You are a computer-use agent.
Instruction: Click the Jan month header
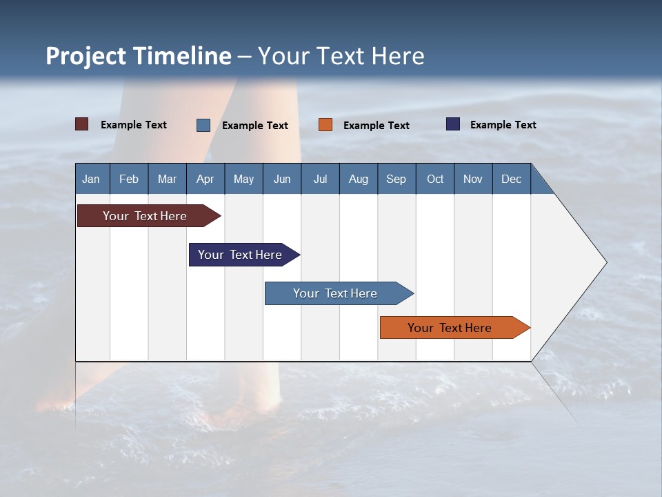click(92, 179)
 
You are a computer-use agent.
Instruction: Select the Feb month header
click(129, 179)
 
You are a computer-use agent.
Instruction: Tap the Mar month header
click(167, 179)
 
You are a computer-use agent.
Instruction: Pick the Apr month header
click(205, 179)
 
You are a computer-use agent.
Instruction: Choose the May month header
click(243, 179)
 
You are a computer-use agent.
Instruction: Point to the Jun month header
click(282, 179)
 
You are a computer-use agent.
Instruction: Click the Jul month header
click(320, 179)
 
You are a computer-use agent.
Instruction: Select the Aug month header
click(359, 179)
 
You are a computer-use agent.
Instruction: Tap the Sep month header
click(397, 179)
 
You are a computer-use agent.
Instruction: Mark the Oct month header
click(435, 179)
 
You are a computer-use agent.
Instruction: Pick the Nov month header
click(473, 179)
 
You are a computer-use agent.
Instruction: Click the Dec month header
click(512, 179)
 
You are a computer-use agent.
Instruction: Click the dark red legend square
click(82, 124)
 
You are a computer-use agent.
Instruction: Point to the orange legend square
click(325, 124)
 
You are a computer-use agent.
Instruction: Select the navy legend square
click(453, 124)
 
